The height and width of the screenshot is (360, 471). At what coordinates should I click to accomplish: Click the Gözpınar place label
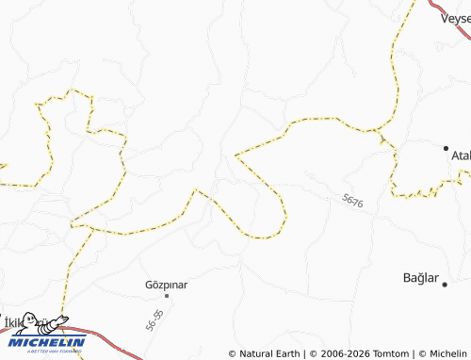[x=167, y=284]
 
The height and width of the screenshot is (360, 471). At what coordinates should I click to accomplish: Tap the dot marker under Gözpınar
[x=168, y=295]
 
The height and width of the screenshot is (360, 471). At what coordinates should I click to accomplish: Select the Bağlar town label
[x=421, y=278]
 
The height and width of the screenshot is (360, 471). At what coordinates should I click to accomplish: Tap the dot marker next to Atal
[x=447, y=148]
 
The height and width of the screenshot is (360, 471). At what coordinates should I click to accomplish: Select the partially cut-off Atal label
[x=461, y=155]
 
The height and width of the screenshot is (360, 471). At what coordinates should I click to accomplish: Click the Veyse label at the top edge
[x=456, y=16]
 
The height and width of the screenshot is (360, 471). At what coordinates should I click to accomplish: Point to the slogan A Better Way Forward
[x=47, y=352]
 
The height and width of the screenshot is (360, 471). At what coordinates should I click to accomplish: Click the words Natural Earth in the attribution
[x=269, y=353]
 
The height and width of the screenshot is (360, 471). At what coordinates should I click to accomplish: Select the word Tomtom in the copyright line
[x=388, y=353]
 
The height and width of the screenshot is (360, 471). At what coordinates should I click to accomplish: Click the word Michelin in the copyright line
[x=446, y=353]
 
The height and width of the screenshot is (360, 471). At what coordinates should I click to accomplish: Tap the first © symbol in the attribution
[x=233, y=353]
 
